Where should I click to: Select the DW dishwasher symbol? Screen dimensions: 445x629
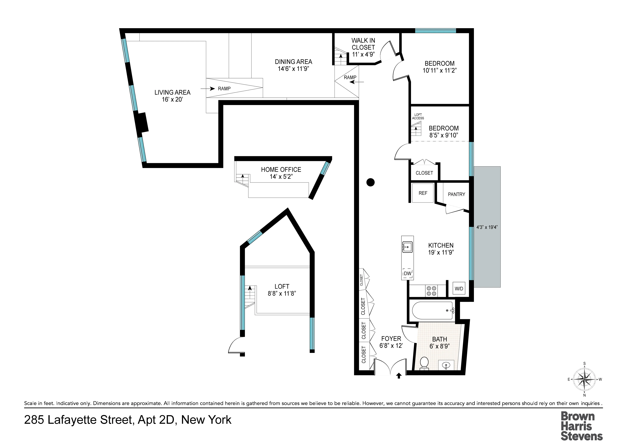(x=408, y=273)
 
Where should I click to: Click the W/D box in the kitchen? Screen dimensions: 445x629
(x=459, y=288)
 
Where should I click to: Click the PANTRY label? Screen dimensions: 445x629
(x=456, y=194)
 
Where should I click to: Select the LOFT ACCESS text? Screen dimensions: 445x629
(x=418, y=116)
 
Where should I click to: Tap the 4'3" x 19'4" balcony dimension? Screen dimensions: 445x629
(x=487, y=227)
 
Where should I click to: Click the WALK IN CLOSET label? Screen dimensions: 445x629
(x=363, y=47)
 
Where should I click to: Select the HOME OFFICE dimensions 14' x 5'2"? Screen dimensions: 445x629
(x=281, y=177)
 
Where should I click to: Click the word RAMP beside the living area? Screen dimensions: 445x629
(x=224, y=89)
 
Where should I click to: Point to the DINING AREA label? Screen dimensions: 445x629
(x=293, y=62)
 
